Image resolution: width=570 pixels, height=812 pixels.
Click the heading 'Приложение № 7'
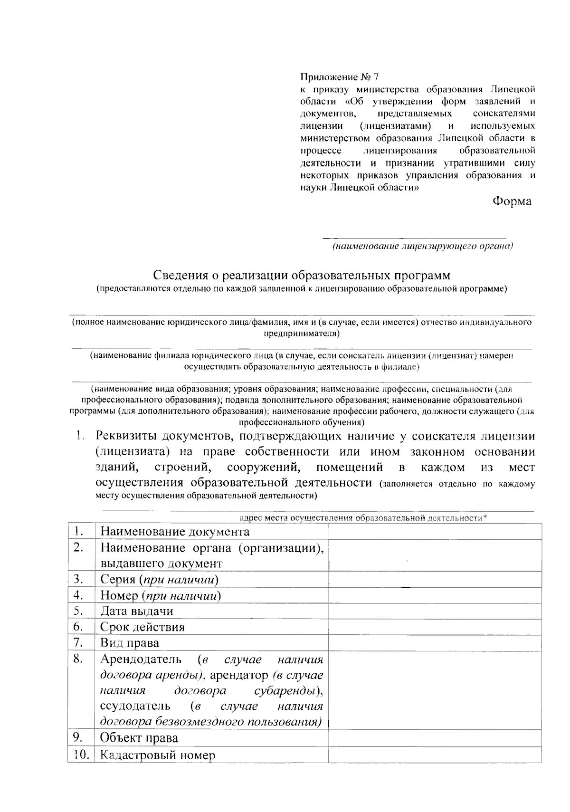click(340, 76)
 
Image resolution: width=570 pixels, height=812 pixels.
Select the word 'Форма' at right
click(512, 201)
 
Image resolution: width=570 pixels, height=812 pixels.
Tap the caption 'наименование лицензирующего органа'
click(422, 246)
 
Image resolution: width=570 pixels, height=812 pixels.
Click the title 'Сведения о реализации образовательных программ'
click(302, 276)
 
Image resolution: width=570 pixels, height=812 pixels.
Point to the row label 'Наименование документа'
click(175, 532)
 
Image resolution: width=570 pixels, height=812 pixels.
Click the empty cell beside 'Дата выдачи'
click(435, 611)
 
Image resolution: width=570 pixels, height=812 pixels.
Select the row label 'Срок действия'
click(142, 627)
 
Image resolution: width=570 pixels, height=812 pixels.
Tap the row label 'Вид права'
click(129, 643)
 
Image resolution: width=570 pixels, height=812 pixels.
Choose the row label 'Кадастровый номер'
click(158, 755)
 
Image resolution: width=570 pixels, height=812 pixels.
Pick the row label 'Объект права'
click(139, 738)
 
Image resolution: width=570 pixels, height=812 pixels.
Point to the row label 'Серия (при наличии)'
click(159, 580)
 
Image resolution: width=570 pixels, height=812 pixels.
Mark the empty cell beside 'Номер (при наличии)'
click(435, 595)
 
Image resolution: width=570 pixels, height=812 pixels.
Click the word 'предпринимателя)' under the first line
click(302, 334)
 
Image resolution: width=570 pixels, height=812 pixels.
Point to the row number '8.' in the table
click(79, 659)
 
